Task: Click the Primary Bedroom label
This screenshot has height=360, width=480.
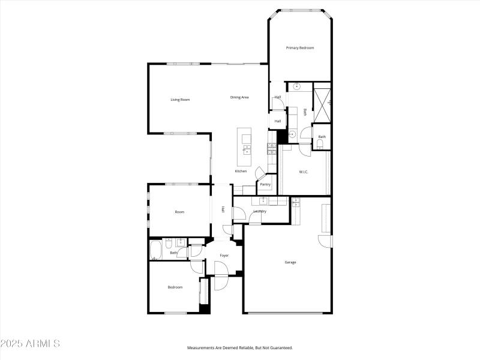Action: (x=300, y=48)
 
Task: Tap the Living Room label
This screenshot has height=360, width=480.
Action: (x=180, y=100)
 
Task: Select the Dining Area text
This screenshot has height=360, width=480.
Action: (x=239, y=97)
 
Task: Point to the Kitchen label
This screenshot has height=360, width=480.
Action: (x=241, y=172)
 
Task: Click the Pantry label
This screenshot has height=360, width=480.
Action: (x=265, y=184)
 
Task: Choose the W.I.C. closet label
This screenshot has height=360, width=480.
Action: (x=304, y=172)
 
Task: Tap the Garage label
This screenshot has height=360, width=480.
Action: (x=290, y=262)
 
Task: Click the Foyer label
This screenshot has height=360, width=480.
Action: (x=224, y=256)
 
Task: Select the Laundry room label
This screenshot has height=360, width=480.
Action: (x=260, y=211)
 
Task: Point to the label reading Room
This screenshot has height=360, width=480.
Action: (x=179, y=212)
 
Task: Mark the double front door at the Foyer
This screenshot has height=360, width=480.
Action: (x=221, y=281)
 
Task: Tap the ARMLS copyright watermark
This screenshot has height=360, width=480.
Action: (x=30, y=344)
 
